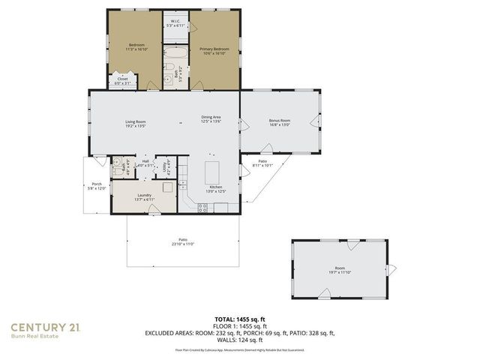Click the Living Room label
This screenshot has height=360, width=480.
(135, 123)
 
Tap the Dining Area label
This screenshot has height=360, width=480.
(211, 118)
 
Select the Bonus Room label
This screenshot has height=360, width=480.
(280, 123)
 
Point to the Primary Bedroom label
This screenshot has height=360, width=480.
(214, 50)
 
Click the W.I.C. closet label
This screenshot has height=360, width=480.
(175, 23)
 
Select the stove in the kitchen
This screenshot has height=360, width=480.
(202, 208)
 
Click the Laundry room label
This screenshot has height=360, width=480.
(144, 197)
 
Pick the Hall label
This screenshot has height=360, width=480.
(145, 163)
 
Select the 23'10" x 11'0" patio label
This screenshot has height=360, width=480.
(183, 242)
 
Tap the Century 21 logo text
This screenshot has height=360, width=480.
(44, 326)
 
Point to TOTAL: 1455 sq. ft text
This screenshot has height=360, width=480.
(240, 319)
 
